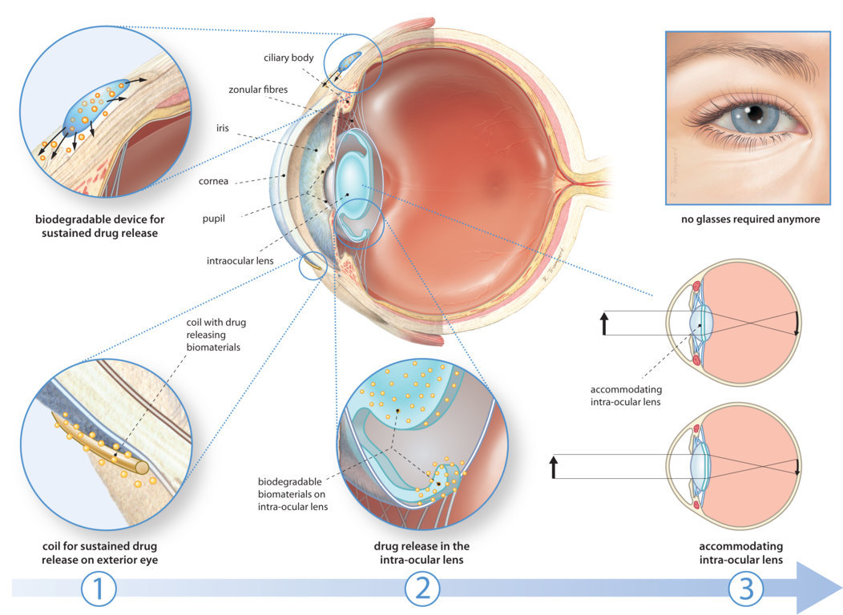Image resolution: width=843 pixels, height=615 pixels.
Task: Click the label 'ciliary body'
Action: (288, 58)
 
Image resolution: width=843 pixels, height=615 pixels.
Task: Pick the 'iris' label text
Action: (223, 127)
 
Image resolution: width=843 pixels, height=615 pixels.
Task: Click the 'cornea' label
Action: (213, 181)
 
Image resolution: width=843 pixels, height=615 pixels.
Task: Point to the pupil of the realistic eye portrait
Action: (753, 117)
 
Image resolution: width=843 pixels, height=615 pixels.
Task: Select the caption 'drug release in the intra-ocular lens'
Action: (421, 553)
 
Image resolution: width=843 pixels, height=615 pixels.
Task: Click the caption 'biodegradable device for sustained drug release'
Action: (96, 225)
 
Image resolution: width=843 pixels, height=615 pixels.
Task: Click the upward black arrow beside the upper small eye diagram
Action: (604, 323)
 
